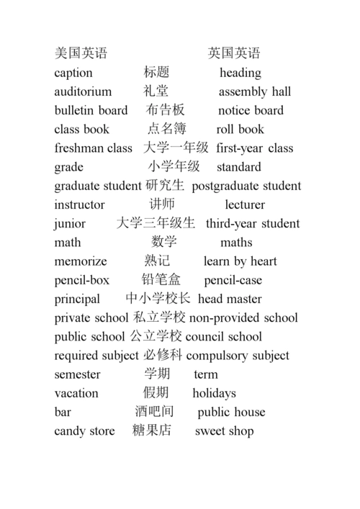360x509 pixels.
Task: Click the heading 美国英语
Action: click(81, 53)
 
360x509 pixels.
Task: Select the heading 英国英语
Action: click(234, 53)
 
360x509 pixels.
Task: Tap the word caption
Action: click(73, 73)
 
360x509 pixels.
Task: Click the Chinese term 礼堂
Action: click(156, 91)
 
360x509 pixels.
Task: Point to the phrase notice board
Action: click(251, 110)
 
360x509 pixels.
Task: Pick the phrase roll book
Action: click(240, 130)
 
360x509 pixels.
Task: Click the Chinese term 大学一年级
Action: click(176, 148)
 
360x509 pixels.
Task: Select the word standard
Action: click(239, 167)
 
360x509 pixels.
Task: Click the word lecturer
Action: click(245, 204)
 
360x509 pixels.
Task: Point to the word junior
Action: click(70, 223)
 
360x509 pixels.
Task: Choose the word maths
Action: click(236, 243)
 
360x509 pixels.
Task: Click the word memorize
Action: click(81, 261)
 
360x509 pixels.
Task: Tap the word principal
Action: click(76, 299)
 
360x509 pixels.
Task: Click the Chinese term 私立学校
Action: click(160, 317)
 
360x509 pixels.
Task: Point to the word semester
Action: click(78, 374)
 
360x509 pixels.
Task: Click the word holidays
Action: click(214, 393)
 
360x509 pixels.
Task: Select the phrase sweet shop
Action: click(224, 431)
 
